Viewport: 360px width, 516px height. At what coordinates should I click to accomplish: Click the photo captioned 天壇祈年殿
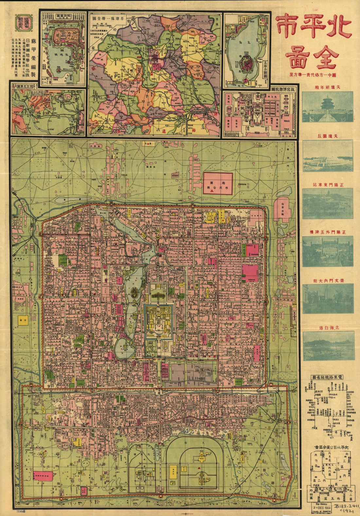pyautogui.click(x=327, y=107)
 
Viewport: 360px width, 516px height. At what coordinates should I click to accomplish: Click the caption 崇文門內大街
pyautogui.click(x=328, y=280)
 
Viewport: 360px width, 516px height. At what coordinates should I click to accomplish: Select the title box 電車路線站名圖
pyautogui.click(x=328, y=377)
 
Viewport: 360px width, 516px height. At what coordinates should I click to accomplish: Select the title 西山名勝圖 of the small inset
pyautogui.click(x=22, y=87)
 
